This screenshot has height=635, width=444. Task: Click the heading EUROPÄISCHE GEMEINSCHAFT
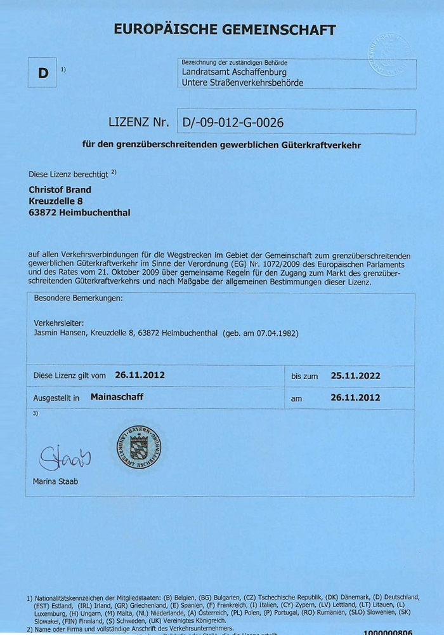[x=225, y=29]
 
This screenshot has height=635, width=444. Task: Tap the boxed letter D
[x=43, y=73]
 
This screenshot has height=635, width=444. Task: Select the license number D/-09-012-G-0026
[x=233, y=122]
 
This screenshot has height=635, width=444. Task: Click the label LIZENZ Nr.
[x=139, y=122]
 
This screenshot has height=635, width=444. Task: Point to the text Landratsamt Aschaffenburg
[x=234, y=73]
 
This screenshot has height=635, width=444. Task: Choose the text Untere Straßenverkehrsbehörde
[x=242, y=83]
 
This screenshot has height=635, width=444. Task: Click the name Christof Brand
[x=60, y=190]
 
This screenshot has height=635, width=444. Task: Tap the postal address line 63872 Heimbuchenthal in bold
[x=79, y=213]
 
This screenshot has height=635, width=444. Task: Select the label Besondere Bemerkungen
[x=78, y=297]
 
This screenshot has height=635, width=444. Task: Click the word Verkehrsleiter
[x=56, y=323]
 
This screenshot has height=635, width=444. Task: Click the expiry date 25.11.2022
[x=355, y=375]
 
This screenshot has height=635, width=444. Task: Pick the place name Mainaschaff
[x=117, y=398]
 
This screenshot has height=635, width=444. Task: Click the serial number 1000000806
[x=388, y=632]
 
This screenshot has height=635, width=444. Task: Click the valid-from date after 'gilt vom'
[x=140, y=375]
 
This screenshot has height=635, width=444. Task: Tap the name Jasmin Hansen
[x=61, y=333]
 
